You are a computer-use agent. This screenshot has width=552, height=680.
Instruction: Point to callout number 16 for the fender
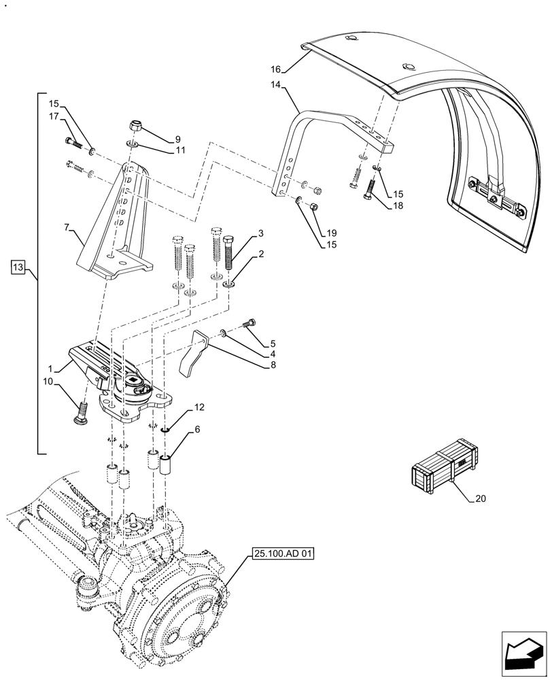[x=275, y=69]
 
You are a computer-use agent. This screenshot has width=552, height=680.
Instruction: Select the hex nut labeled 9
[x=135, y=126]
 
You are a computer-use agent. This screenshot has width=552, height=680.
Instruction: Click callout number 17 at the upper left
[x=52, y=117]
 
